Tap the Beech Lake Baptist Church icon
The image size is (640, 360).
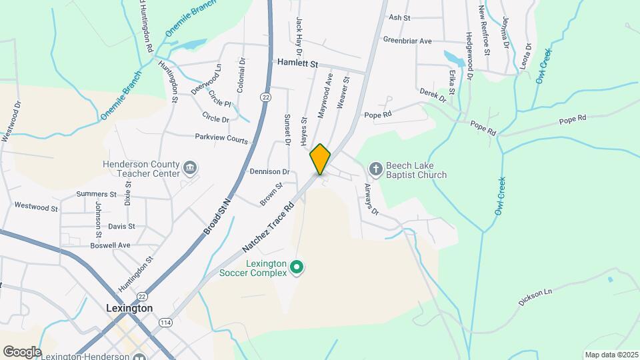pyautogui.click(x=375, y=169)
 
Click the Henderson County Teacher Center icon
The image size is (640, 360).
pyautogui.click(x=190, y=167)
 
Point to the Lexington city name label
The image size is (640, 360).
pyautogui.click(x=129, y=309)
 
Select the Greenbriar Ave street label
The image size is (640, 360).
pyautogui.click(x=407, y=40)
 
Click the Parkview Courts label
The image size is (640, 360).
pyautogui.click(x=221, y=139)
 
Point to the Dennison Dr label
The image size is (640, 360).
pyautogui.click(x=269, y=171)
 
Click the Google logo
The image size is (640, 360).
pyautogui.click(x=21, y=351)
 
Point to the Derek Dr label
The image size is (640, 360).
pyautogui.click(x=433, y=95)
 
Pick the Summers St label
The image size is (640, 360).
pyautogui.click(x=96, y=194)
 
